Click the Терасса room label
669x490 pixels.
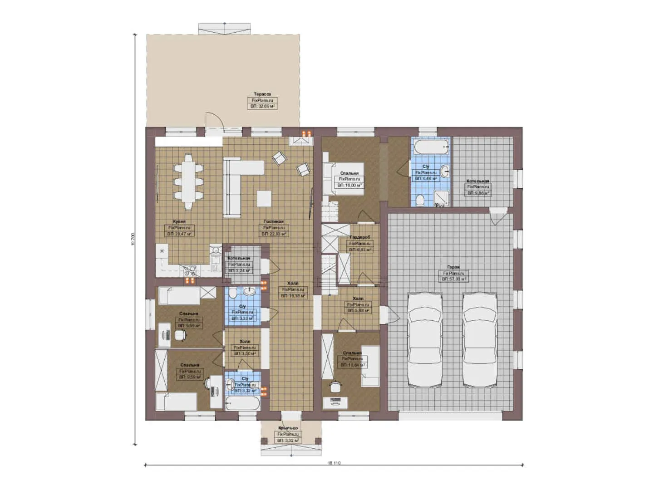(262, 94)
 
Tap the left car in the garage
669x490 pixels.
(425, 340)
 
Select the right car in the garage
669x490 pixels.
(480, 340)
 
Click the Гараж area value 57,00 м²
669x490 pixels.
(454, 279)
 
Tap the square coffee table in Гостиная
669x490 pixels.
(264, 198)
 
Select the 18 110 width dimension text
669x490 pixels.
(334, 463)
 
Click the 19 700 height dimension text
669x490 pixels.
(133, 239)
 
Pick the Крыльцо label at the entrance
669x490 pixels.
(288, 428)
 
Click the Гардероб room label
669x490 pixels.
(360, 237)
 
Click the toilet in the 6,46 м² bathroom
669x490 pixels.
(420, 200)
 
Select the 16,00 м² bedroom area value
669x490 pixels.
(349, 185)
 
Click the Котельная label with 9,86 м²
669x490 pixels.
(478, 181)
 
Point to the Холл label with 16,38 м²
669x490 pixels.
(293, 284)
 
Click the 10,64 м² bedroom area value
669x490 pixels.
(353, 364)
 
